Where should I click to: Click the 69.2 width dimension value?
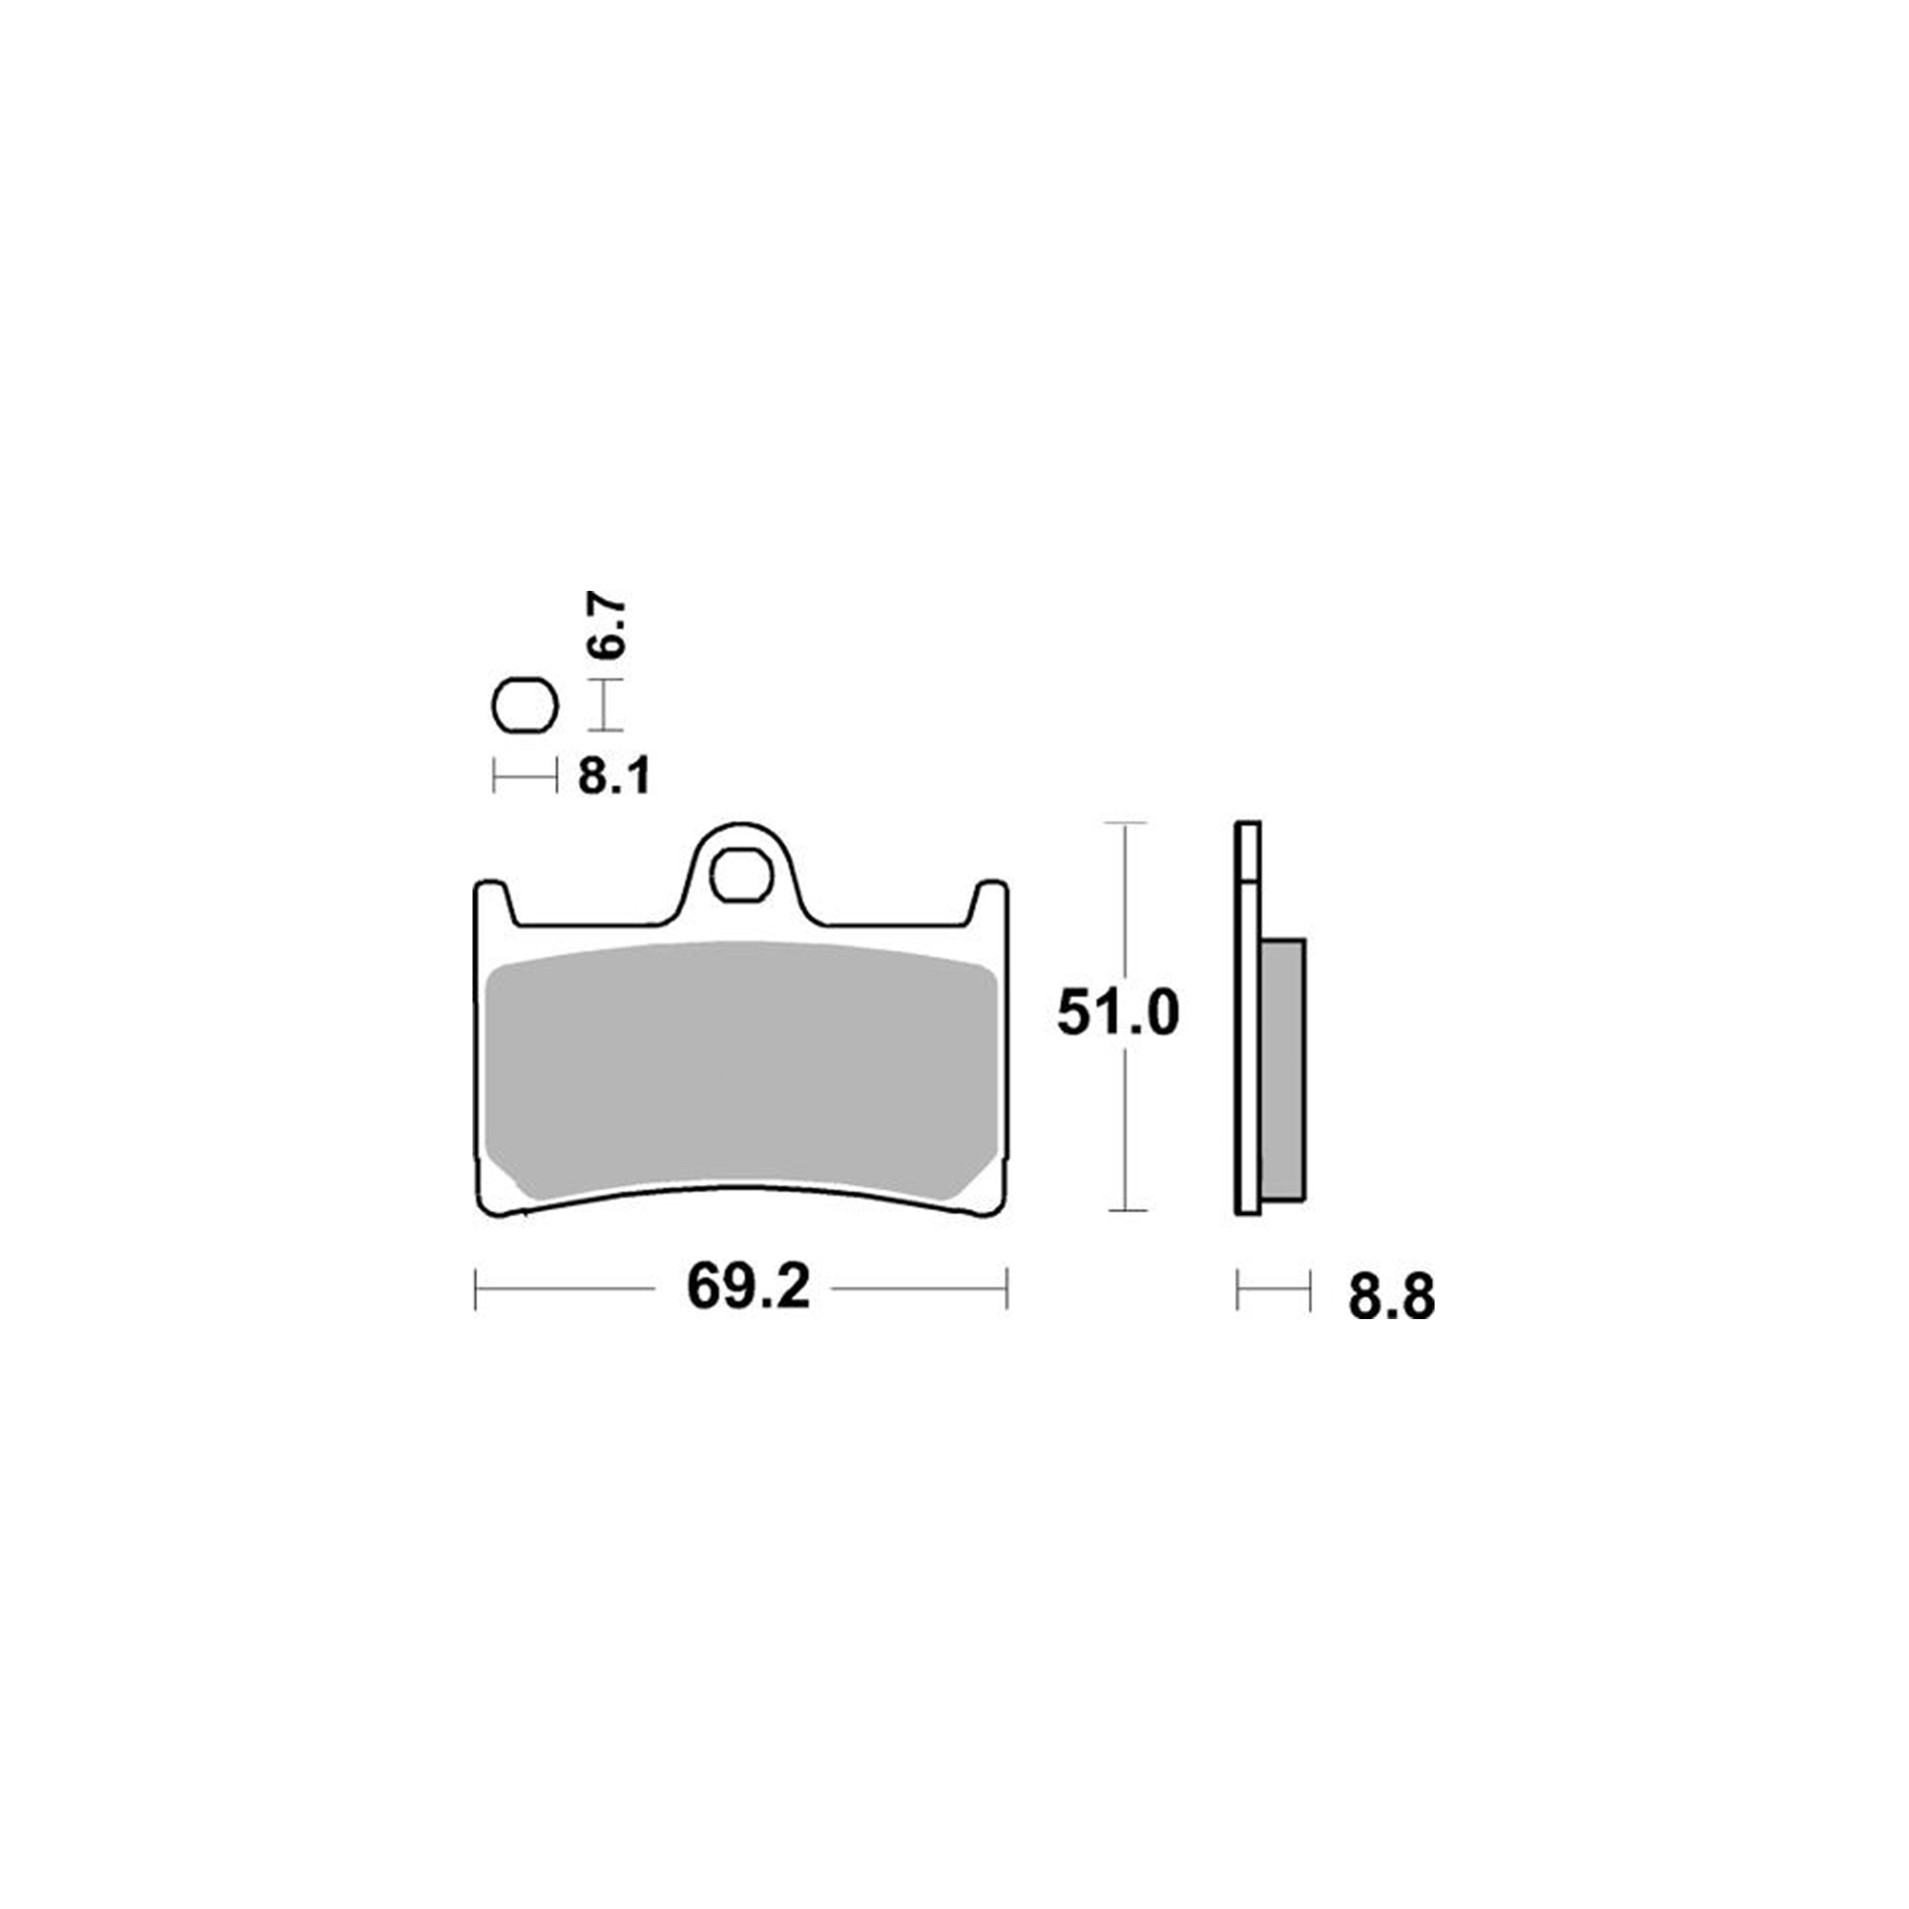(748, 1288)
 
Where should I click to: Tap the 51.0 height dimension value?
(1118, 1013)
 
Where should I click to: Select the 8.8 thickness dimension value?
(1392, 1296)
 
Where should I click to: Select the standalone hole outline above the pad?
(525, 706)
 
